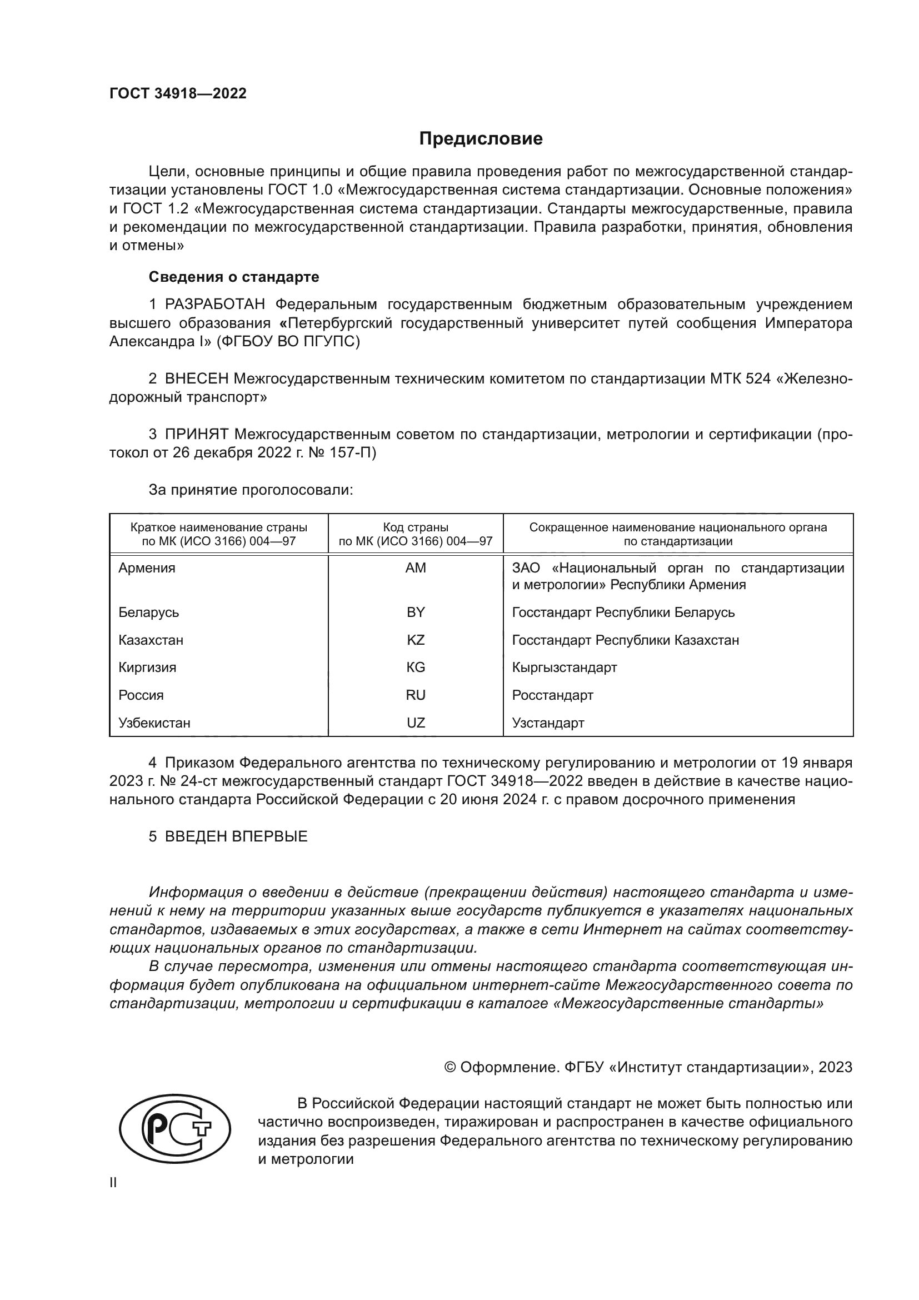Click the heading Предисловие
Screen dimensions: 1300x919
coord(481,139)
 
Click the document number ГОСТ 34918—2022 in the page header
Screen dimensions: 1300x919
coord(178,93)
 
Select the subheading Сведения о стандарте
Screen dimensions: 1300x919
coord(234,277)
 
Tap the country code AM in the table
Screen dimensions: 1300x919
coord(416,568)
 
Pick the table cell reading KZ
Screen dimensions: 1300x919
coord(416,640)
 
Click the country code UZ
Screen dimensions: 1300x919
coord(416,723)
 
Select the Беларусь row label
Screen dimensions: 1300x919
coord(149,612)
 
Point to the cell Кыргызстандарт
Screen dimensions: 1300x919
coord(564,668)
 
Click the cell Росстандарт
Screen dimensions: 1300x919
coord(552,695)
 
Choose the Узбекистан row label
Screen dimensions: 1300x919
coord(154,723)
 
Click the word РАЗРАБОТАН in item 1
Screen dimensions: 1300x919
coord(215,305)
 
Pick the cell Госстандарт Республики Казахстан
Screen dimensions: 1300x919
coord(625,640)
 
